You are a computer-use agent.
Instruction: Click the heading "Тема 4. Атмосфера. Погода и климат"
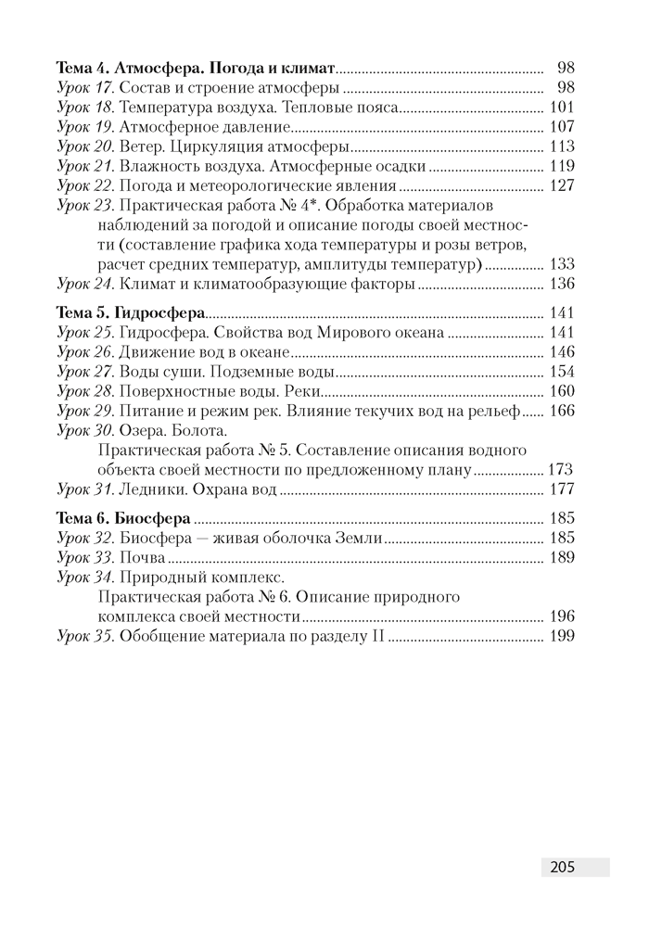196,68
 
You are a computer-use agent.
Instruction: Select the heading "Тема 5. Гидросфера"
131,312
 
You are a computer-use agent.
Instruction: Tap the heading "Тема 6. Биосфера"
124,516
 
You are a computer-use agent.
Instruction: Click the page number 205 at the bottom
562,867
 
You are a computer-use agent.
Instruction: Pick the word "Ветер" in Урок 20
143,146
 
